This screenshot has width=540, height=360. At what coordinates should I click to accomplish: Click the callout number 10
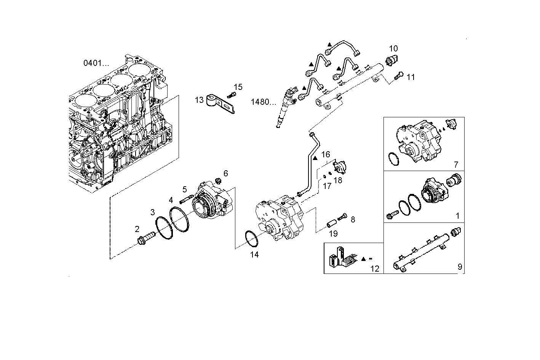click(x=393, y=48)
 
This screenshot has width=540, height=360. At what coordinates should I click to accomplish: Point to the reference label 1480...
click(x=263, y=102)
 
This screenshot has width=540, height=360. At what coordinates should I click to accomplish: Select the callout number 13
click(x=199, y=100)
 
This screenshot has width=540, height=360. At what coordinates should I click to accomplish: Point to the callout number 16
click(x=326, y=154)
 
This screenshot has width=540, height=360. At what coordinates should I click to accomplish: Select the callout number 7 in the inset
click(x=456, y=165)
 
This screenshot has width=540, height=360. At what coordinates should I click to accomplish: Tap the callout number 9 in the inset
click(x=460, y=267)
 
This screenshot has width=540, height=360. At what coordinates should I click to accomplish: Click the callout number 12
click(x=375, y=269)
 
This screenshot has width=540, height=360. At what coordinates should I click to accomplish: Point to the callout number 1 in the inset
click(x=457, y=216)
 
